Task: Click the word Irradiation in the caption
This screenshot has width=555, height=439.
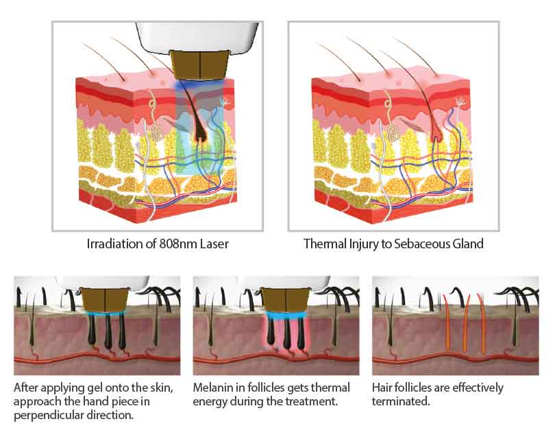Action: [112, 244]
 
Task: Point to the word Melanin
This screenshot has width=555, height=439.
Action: [214, 388]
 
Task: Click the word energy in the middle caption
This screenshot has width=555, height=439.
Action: [211, 401]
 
